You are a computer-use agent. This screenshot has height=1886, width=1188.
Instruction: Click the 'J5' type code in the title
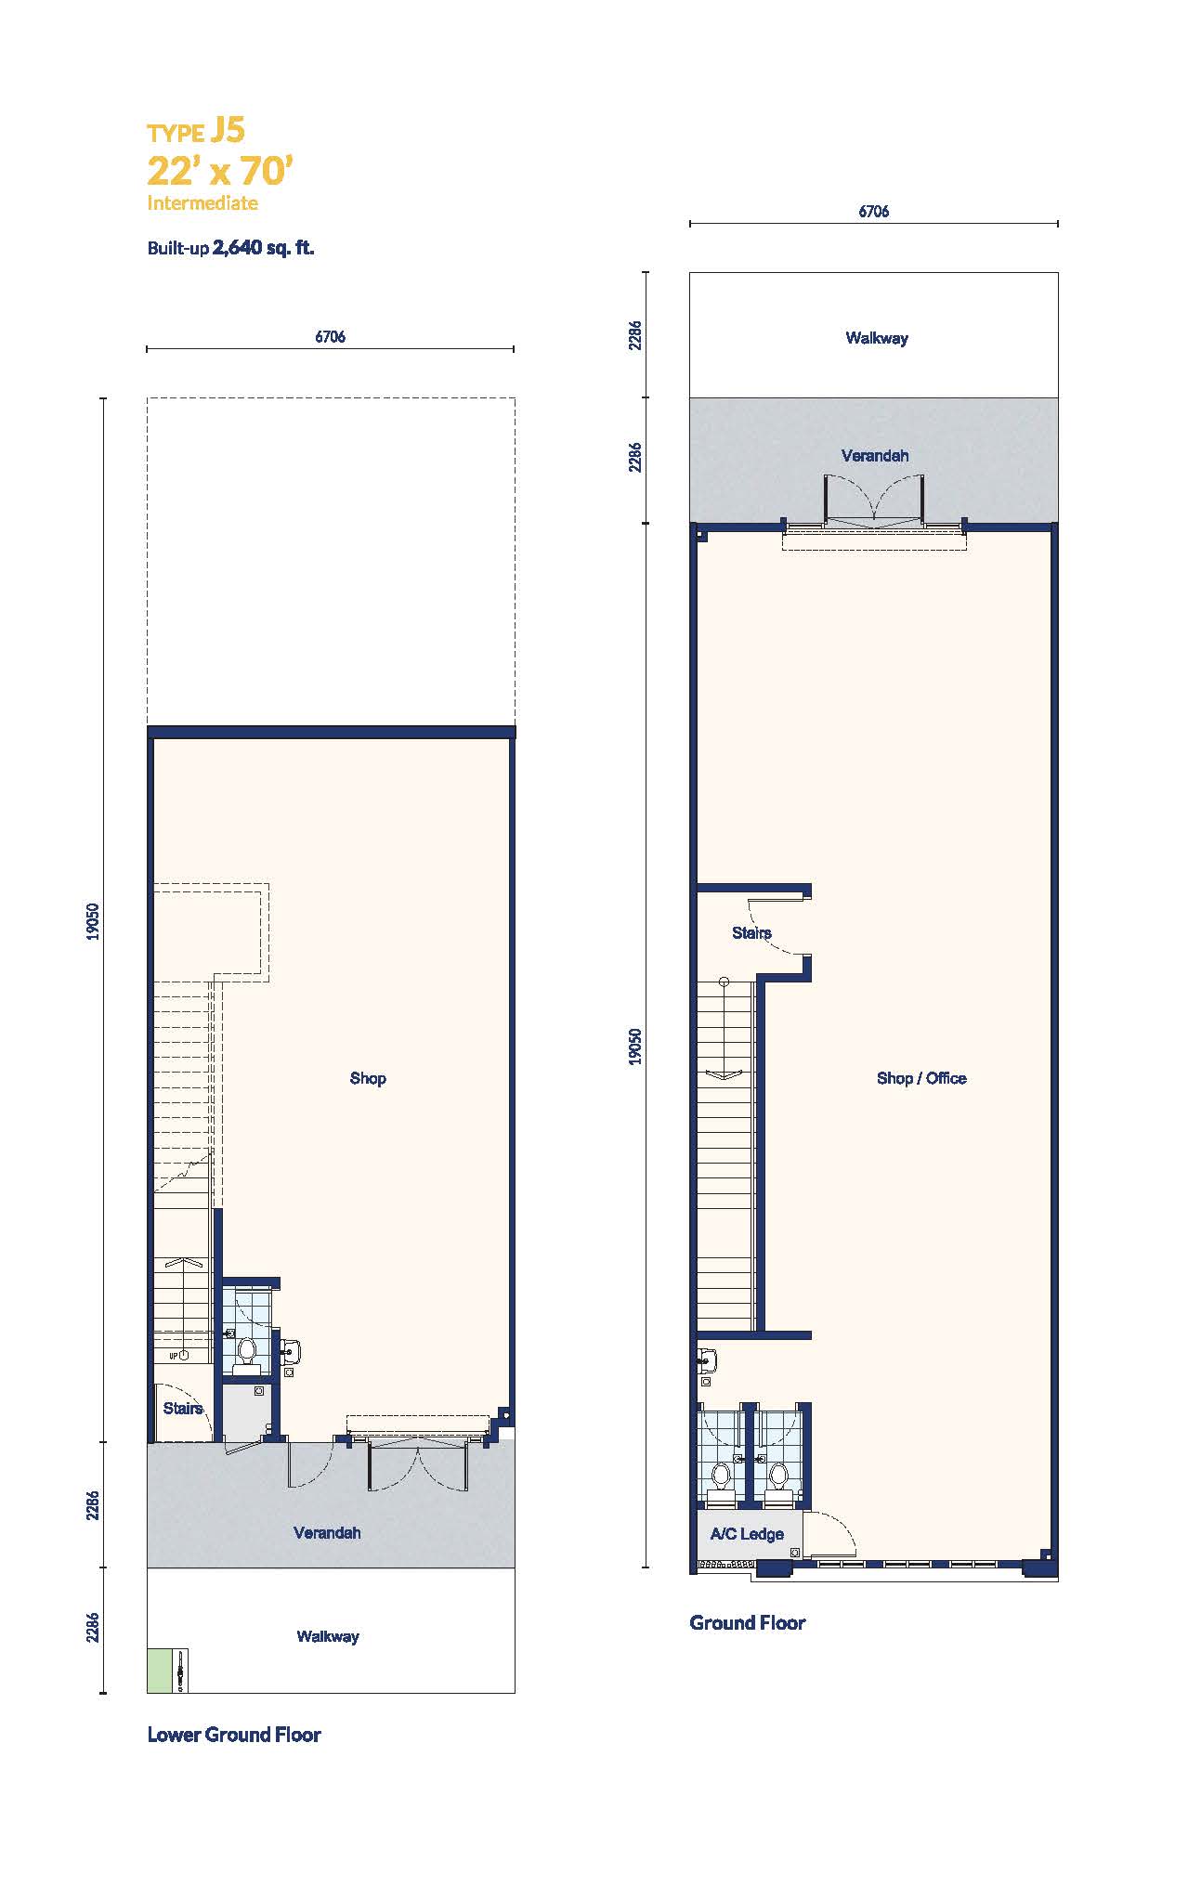[x=228, y=131]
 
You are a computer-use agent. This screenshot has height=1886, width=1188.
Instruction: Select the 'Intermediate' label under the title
[x=202, y=202]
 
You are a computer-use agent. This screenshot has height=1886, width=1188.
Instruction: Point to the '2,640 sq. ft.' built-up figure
[x=264, y=248]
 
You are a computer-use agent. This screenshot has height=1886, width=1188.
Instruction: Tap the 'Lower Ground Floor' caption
[x=234, y=1735]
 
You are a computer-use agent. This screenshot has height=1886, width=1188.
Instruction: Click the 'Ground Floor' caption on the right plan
[x=748, y=1622]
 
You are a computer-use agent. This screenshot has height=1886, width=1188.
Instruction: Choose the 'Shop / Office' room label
[x=921, y=1078]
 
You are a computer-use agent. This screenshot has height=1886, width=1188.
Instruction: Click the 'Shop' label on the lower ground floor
[x=368, y=1078]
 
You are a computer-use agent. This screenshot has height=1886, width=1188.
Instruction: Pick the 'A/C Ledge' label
[x=747, y=1534]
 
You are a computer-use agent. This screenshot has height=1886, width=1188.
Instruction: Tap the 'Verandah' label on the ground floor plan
[x=875, y=456]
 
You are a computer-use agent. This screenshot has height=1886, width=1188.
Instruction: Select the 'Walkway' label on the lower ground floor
[x=328, y=1636]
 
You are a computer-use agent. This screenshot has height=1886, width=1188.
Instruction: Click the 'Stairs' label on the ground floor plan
[x=751, y=932]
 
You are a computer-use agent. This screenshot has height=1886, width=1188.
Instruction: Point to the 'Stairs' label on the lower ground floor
[x=183, y=1409]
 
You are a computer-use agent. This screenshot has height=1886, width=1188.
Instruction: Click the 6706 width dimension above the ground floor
[x=873, y=212]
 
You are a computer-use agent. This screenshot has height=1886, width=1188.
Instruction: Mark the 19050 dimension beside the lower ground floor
[x=92, y=921]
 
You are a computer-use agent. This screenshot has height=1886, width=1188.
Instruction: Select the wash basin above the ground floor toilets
[x=708, y=1361]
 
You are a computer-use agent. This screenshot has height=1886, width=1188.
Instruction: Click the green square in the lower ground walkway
[x=159, y=1671]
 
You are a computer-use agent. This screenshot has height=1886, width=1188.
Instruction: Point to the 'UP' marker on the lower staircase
[x=173, y=1357]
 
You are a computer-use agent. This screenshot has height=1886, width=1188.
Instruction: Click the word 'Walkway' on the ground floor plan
[x=877, y=338]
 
